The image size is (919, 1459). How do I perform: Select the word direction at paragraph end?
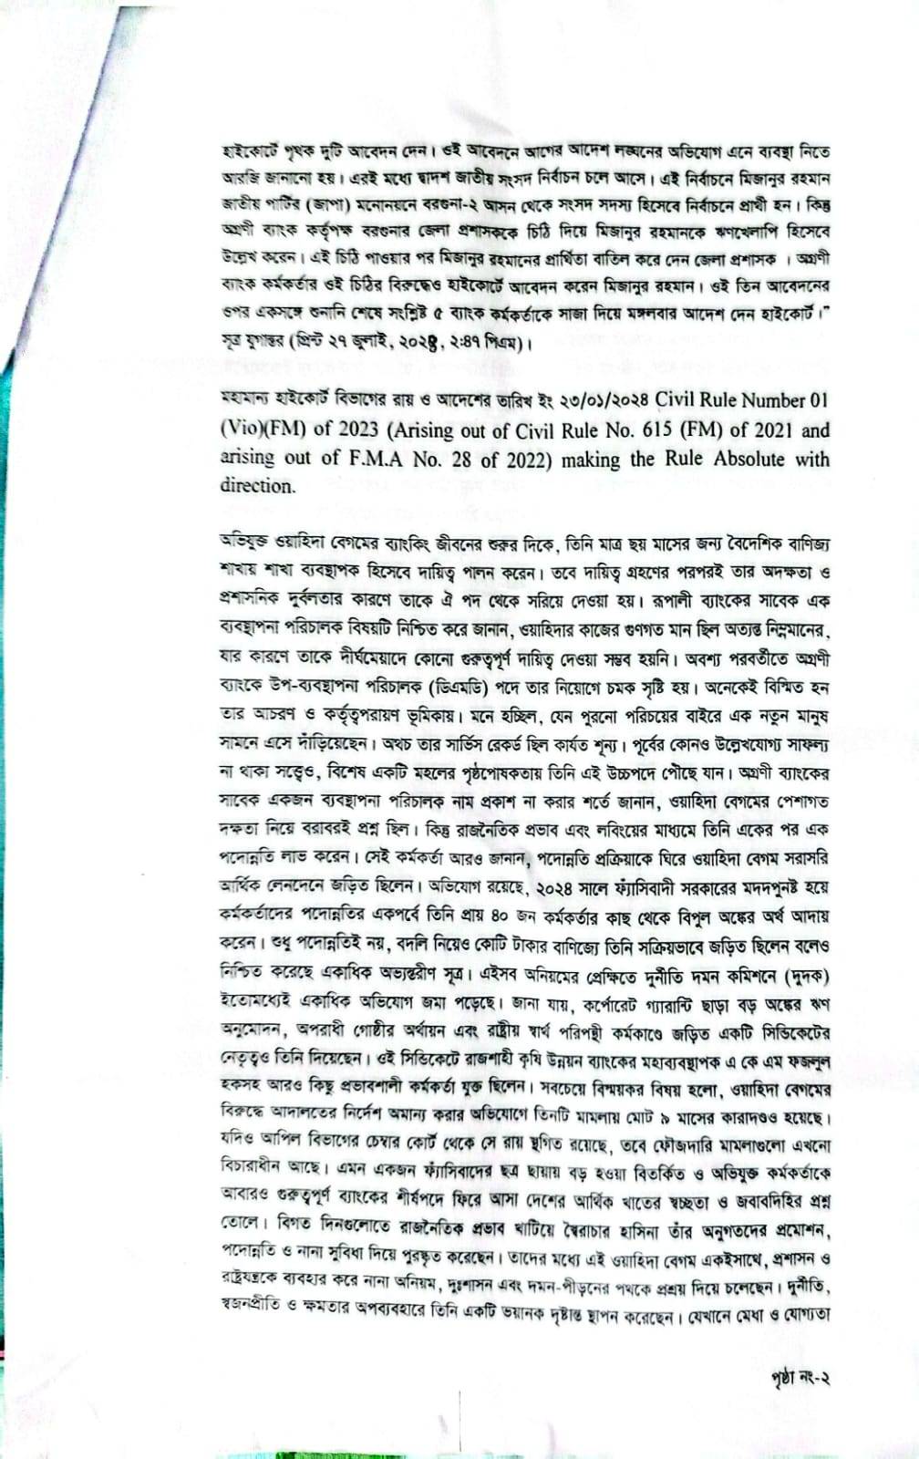[x=257, y=486]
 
